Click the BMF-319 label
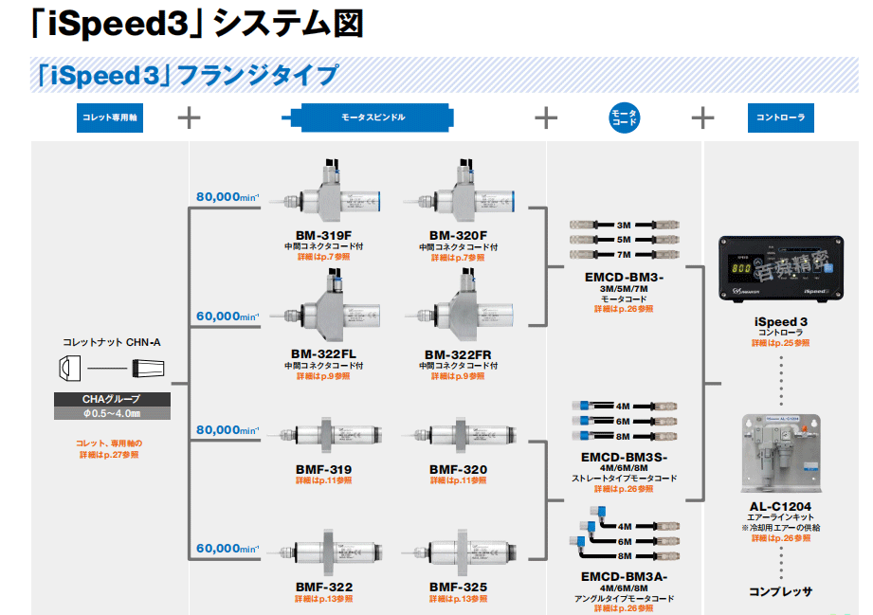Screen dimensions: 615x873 pos(323,469)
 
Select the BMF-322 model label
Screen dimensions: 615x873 pos(323,588)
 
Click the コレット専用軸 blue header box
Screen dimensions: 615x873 pos(110,118)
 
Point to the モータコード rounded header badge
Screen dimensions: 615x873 pos(625,118)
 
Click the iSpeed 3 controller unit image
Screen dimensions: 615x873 pos(780,269)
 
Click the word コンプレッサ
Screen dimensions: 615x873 pos(781,591)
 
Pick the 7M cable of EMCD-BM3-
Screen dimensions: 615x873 pos(624,255)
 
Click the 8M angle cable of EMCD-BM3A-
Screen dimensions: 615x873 pos(624,556)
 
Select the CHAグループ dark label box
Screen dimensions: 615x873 pos(112,399)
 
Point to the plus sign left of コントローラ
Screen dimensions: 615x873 pos(702,118)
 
